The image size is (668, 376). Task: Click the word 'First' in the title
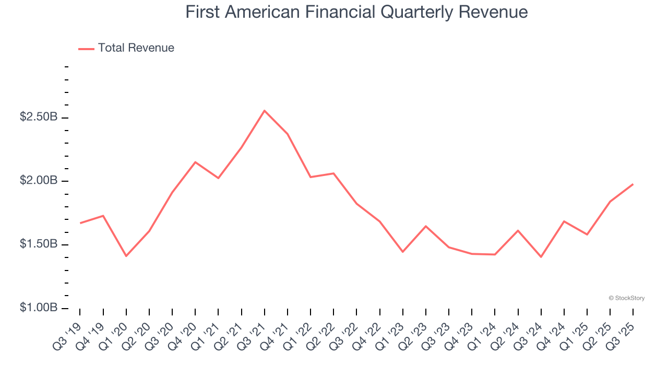point(202,12)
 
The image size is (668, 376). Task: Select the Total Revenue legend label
point(136,48)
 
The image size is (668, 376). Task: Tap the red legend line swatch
point(86,49)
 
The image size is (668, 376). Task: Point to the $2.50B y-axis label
point(39,117)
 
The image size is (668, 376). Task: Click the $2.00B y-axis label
point(39,181)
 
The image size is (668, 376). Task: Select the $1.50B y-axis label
point(39,244)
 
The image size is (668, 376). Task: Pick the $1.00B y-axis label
point(39,308)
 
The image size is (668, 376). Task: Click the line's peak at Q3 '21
point(265,111)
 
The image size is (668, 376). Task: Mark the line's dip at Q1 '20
point(126,256)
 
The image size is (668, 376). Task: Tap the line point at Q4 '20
point(195,162)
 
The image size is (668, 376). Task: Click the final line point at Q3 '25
point(633,184)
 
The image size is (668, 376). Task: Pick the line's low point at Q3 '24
point(541,257)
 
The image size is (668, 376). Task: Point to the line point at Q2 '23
point(426,226)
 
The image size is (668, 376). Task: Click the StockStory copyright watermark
point(626,298)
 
